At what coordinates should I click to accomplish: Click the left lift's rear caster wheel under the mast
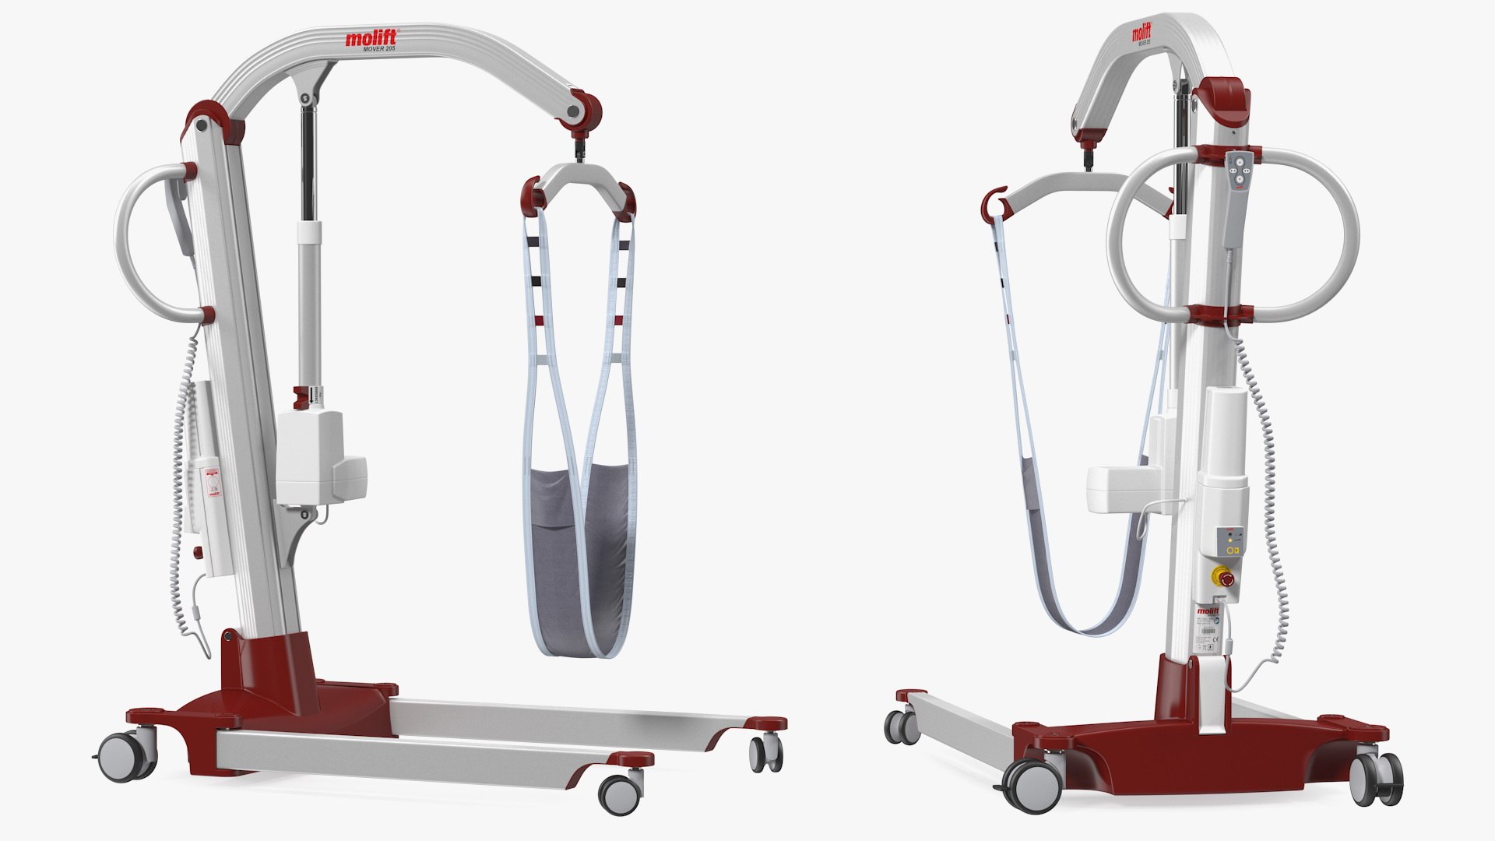click(x=127, y=753)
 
